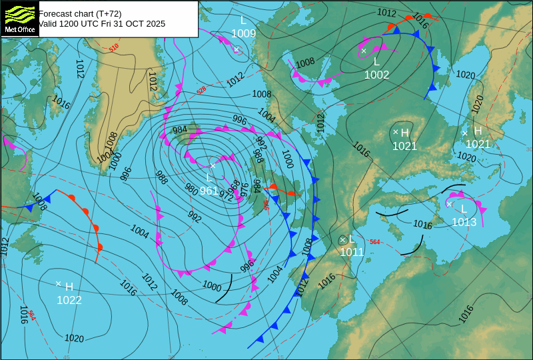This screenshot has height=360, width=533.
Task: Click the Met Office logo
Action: [x=19, y=18]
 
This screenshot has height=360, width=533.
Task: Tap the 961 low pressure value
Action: [x=209, y=191]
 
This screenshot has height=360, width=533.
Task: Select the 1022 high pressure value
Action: [x=69, y=301]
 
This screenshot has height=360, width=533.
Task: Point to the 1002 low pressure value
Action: [x=376, y=75]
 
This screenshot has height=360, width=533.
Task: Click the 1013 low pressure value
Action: [x=464, y=222]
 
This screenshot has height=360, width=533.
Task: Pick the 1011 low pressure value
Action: [x=352, y=252]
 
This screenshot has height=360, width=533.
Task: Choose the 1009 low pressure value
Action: [x=244, y=33]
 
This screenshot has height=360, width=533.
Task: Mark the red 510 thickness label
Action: [x=114, y=47]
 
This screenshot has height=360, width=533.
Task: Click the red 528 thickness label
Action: [x=201, y=90]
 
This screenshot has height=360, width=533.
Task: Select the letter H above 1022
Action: [x=69, y=287]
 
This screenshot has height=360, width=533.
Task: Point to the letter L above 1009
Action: [x=243, y=21]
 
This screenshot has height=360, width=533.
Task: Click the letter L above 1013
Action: [x=464, y=209]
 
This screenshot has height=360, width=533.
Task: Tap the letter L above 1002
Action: [x=376, y=62]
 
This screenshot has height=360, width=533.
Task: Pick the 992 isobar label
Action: [x=195, y=217]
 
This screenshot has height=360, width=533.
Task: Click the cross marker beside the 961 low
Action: [x=213, y=166]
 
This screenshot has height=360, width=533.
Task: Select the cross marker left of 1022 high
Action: [x=59, y=284]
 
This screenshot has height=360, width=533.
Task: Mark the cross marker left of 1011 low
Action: [x=343, y=239]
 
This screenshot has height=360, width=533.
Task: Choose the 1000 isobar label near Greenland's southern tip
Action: [x=116, y=161]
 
